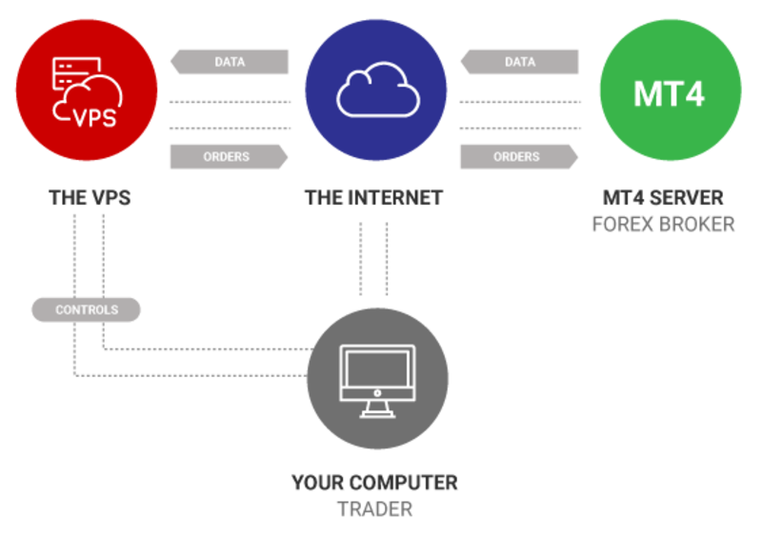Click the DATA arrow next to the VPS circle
coord(229,63)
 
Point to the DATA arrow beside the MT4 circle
coord(518,63)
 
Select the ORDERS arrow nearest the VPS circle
coord(229,156)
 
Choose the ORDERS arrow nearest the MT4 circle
coord(518,156)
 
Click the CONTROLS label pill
coord(87,309)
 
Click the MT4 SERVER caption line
coord(663,198)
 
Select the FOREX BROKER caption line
coord(663,225)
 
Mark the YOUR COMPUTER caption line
coord(374,483)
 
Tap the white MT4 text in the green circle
coord(670,94)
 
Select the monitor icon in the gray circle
coord(378,379)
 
